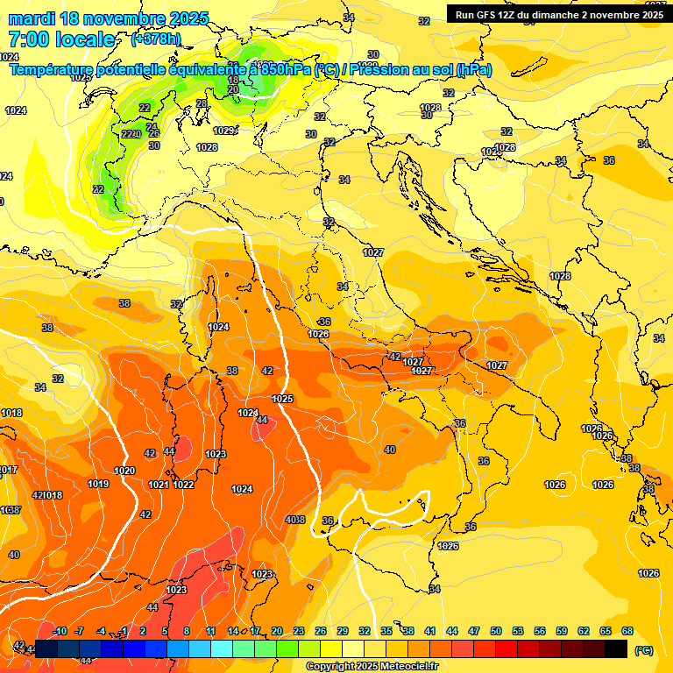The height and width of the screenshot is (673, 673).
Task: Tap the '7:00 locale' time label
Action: click(x=61, y=39)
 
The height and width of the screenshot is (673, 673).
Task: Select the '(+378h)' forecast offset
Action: click(x=156, y=39)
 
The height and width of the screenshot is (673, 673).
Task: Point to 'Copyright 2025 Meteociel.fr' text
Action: click(x=372, y=666)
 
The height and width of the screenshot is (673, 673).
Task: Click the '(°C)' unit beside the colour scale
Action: click(x=643, y=650)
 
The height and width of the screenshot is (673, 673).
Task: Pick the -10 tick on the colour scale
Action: click(x=60, y=631)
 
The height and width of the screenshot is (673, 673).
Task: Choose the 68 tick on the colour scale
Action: click(x=627, y=631)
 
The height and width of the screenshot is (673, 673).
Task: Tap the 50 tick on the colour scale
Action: click(x=496, y=631)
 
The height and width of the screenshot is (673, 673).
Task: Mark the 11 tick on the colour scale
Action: click(x=211, y=631)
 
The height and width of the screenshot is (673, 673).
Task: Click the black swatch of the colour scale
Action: click(x=616, y=648)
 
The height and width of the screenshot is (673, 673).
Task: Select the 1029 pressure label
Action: click(x=224, y=131)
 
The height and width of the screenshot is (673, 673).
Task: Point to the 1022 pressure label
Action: click(x=183, y=485)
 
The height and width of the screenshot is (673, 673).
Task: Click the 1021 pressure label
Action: click(x=159, y=485)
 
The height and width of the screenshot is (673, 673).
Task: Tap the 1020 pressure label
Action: click(x=124, y=471)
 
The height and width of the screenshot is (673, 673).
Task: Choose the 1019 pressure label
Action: click(x=98, y=484)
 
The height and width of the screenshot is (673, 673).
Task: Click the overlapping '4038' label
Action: click(x=295, y=520)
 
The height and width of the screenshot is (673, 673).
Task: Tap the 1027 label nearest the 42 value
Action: click(x=414, y=361)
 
